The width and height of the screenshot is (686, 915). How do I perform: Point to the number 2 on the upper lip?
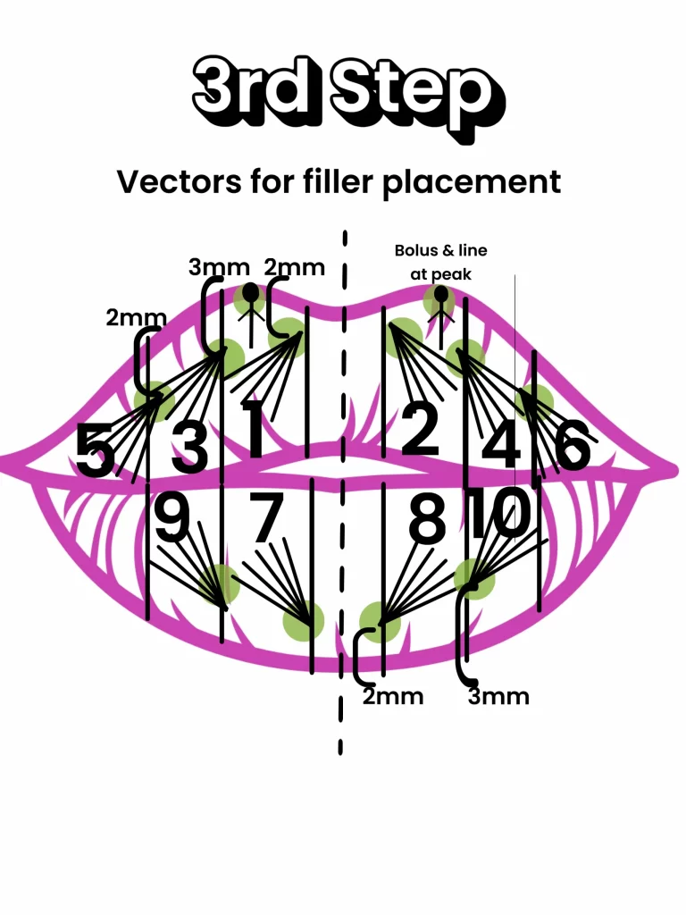point(421,430)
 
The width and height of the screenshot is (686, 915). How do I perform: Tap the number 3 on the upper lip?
point(188,447)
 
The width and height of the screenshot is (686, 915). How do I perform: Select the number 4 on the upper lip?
point(501,444)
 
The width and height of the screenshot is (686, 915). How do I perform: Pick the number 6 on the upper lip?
point(572,445)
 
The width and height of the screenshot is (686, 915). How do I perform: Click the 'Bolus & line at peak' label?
point(440,263)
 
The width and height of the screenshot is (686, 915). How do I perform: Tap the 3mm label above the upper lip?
point(218,267)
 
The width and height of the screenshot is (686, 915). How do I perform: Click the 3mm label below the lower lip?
point(498,696)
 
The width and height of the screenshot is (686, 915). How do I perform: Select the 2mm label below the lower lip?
point(392,696)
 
